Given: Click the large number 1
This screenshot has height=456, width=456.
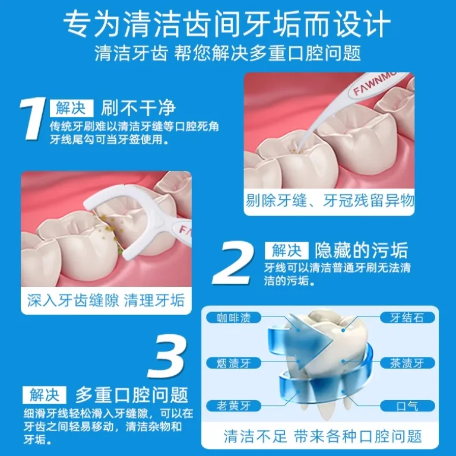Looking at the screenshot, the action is [33, 119].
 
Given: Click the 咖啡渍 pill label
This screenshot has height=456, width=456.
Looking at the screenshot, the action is [233, 318].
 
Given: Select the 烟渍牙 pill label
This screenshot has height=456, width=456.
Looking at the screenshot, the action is [233, 363].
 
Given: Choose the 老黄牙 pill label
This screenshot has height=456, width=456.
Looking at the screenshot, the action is [233, 406].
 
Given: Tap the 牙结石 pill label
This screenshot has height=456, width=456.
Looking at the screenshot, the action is [407, 318].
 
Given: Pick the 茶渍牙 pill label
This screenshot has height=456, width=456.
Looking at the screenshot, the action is [407, 363].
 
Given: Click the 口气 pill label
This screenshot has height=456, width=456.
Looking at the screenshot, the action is [407, 406].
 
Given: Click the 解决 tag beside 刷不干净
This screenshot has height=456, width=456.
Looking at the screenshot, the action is [71, 108].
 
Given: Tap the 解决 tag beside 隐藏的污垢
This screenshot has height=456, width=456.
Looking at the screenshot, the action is [286, 251].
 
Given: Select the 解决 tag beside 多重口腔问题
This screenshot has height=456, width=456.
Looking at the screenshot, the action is [45, 395].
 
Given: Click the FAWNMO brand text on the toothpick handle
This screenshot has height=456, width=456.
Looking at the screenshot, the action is [375, 83].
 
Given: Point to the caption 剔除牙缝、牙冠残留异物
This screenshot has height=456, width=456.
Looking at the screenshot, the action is [330, 201].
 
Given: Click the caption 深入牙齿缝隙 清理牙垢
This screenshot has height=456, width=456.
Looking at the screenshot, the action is [106, 300].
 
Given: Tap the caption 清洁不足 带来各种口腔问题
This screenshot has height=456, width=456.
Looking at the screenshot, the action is [322, 436].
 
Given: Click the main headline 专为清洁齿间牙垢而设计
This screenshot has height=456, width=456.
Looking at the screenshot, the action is [227, 24].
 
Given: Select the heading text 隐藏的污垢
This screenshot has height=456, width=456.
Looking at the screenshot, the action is [362, 251].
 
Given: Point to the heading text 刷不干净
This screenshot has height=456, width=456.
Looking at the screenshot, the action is [138, 108].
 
